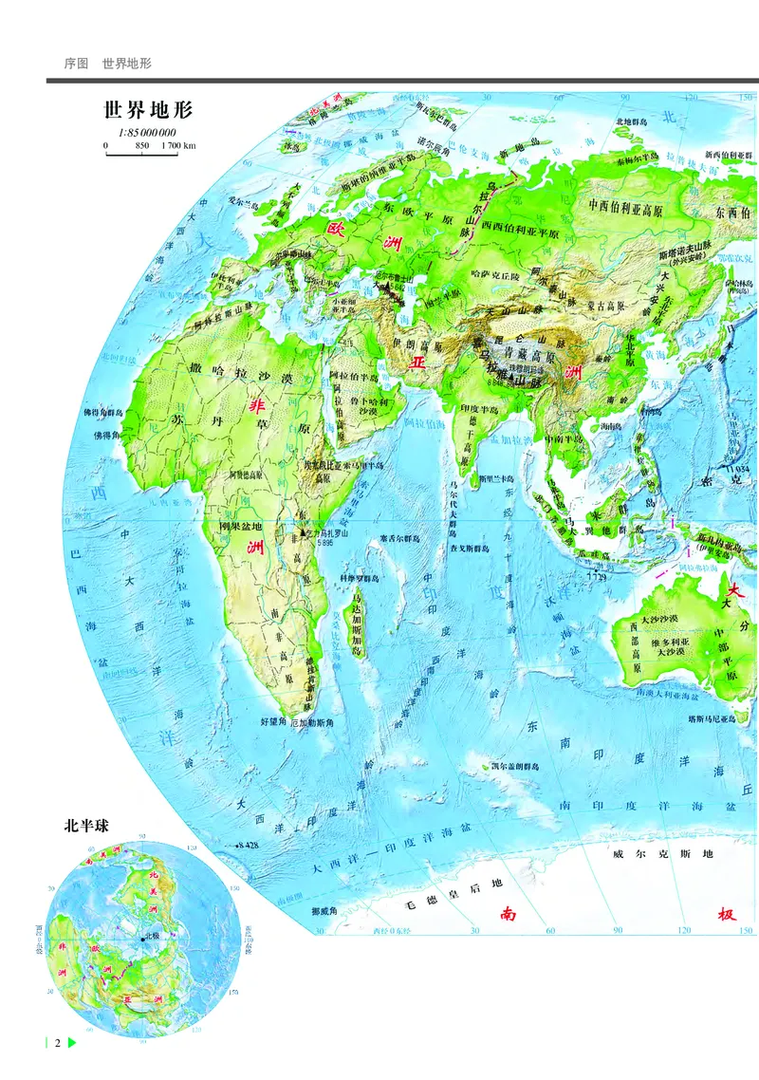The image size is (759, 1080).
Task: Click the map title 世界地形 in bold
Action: click(148, 110)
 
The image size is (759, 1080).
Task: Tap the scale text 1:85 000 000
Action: click(148, 133)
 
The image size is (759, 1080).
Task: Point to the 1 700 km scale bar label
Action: click(178, 146)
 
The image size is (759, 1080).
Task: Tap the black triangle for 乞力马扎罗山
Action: click(303, 533)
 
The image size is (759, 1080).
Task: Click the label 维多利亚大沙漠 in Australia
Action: click(668, 647)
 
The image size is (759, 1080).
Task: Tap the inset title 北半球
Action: click(86, 825)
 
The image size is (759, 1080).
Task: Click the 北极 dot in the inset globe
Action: click(141, 938)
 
